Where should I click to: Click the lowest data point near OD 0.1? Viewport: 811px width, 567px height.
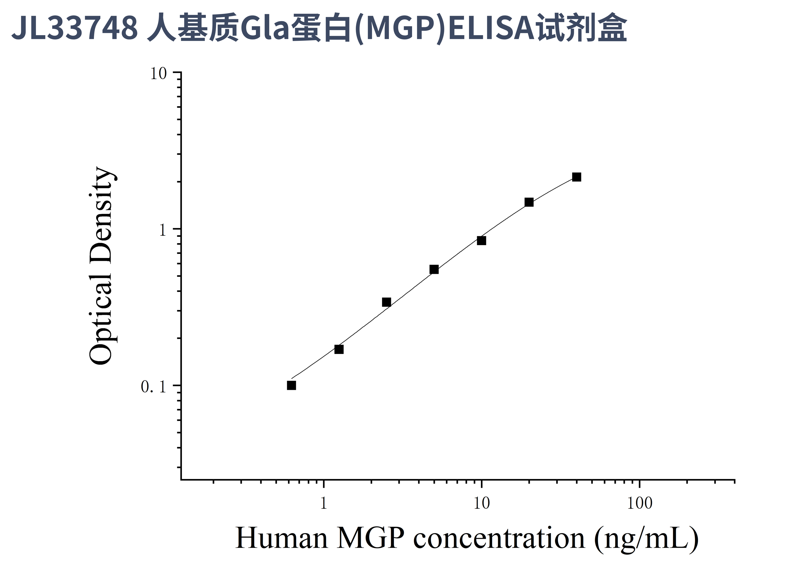pos(291,385)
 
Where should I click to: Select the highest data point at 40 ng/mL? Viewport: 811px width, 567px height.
pos(576,177)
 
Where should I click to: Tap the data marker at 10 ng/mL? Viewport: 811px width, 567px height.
pos(481,241)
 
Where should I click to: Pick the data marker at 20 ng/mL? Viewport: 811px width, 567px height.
pos(529,202)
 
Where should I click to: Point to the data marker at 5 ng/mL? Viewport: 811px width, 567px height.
pos(434,270)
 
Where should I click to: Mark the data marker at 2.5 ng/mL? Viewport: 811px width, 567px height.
pos(386,302)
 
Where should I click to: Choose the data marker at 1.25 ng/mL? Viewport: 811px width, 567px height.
pos(339,349)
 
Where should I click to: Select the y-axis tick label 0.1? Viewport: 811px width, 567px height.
pos(153,387)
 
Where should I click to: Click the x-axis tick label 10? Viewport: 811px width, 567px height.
pos(481,503)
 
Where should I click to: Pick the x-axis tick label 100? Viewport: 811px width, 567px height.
pos(639,503)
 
